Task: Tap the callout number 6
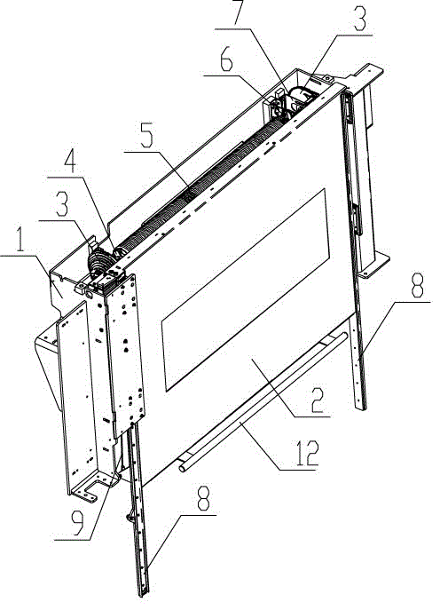[226, 60]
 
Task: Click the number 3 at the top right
[358, 20]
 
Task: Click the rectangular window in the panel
[245, 289]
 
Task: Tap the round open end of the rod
[183, 468]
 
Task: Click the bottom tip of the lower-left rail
[144, 594]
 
